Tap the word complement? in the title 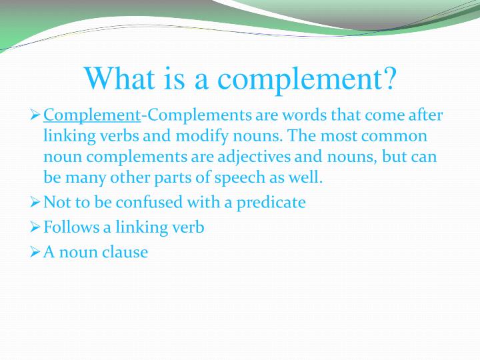(x=309, y=79)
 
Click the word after (x=424, y=115)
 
